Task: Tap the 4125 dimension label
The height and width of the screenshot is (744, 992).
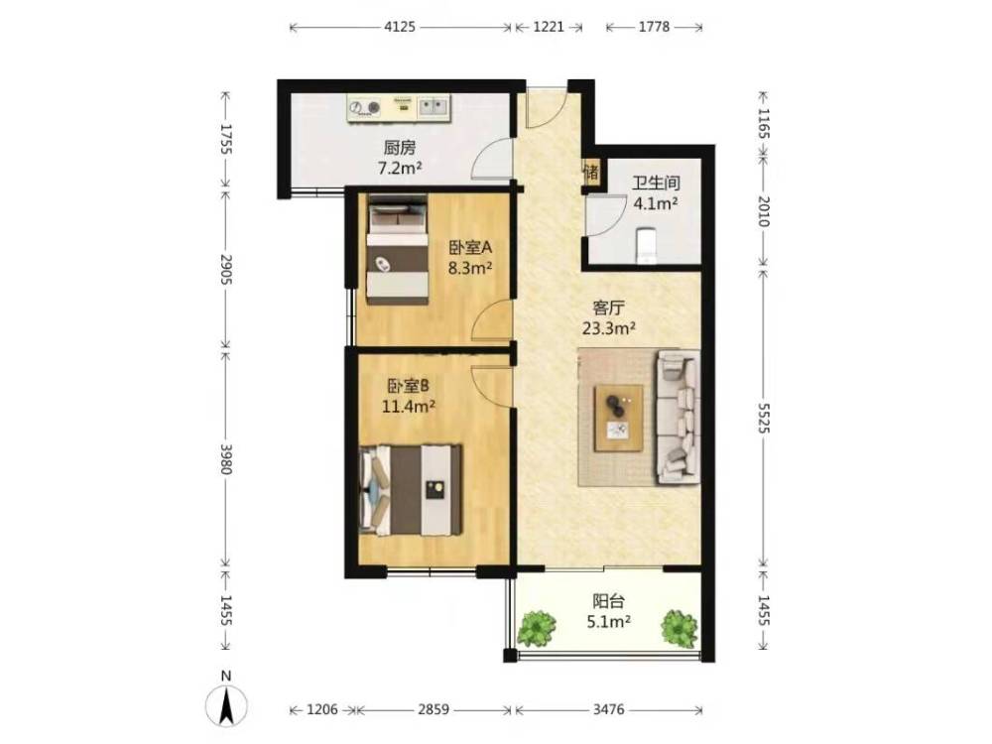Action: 400,27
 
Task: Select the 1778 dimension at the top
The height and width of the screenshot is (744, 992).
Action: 654,27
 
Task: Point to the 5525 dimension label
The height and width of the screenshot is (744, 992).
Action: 764,418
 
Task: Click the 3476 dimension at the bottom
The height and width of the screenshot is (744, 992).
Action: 609,710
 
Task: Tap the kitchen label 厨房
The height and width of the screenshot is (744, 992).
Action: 400,148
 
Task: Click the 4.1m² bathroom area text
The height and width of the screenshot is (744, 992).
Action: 656,203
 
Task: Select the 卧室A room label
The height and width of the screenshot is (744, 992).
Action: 470,247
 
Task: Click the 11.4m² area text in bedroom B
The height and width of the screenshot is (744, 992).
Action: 408,406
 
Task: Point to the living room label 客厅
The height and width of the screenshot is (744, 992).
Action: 609,309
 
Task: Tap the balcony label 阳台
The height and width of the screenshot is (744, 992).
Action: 609,600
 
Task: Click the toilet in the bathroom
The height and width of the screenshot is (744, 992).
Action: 646,245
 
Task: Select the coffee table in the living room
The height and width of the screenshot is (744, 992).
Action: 618,419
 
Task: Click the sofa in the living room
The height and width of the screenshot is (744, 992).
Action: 678,417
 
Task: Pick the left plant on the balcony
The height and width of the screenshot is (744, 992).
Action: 537,628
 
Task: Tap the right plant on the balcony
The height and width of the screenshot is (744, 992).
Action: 680,628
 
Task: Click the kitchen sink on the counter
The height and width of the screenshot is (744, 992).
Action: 434,107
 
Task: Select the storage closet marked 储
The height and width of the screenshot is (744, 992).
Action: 591,172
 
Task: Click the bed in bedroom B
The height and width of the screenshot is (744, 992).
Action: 410,490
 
